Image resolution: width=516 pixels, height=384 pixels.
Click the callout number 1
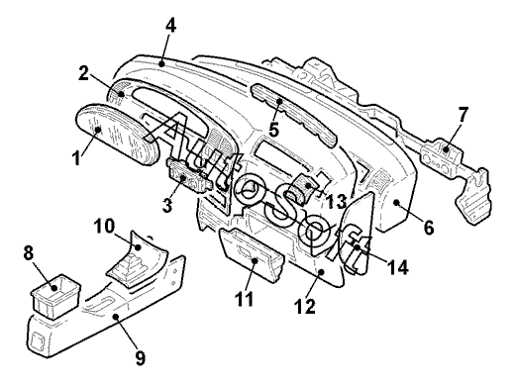(x=76, y=157)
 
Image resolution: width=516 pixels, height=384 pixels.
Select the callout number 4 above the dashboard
(x=170, y=25)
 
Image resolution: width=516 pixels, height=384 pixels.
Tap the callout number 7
(x=463, y=114)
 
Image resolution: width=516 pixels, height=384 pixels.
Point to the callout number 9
(x=141, y=357)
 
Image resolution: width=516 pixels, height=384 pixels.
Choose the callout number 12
(x=305, y=306)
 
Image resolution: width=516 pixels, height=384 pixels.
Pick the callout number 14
(x=398, y=267)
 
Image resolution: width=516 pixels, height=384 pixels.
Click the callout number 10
(x=104, y=227)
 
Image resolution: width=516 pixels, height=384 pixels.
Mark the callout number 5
(x=273, y=130)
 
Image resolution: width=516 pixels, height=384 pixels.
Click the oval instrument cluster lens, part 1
(x=118, y=134)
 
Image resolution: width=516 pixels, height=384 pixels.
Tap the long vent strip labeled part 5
(x=294, y=115)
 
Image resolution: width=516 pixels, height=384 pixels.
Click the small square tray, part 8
(x=55, y=296)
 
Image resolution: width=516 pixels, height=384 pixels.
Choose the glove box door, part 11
(x=251, y=254)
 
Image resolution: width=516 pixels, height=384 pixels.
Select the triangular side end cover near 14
(x=358, y=235)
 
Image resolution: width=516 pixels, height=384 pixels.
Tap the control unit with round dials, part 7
(x=441, y=155)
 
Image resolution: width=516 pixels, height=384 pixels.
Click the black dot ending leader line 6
(x=396, y=202)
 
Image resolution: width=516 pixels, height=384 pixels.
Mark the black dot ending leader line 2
(x=122, y=94)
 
